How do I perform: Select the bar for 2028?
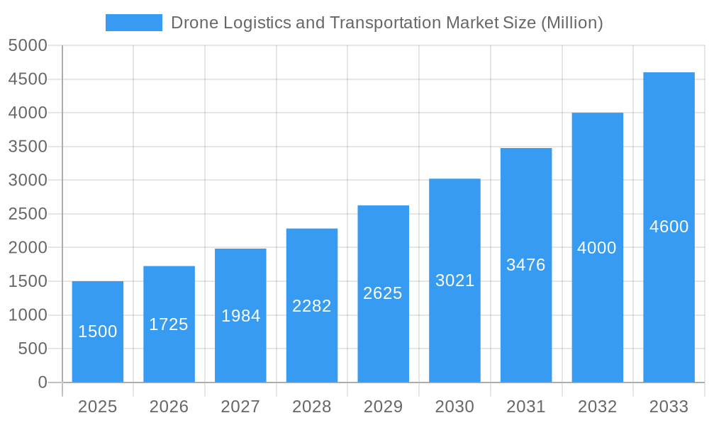pyautogui.click(x=312, y=340)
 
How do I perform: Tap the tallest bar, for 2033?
pyautogui.click(x=669, y=283)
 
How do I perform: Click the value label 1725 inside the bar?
pyautogui.click(x=169, y=324)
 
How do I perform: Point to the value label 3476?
pyautogui.click(x=526, y=265)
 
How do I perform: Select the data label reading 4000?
pyautogui.click(x=597, y=248)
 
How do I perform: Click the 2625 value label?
pyautogui.click(x=383, y=293)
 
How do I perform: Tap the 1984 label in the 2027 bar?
pyautogui.click(x=240, y=316)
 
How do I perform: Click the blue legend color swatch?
pyautogui.click(x=134, y=23)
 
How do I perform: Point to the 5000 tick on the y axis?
pyautogui.click(x=28, y=45)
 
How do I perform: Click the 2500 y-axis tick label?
pyautogui.click(x=28, y=214)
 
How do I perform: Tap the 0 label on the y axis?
pyautogui.click(x=43, y=382)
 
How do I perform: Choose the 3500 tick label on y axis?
pyautogui.click(x=28, y=147)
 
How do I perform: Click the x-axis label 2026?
pyautogui.click(x=169, y=407)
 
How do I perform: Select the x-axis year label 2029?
pyautogui.click(x=383, y=407)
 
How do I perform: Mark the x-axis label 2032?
pyautogui.click(x=597, y=407)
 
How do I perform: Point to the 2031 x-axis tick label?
pyautogui.click(x=526, y=407)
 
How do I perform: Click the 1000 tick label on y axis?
pyautogui.click(x=28, y=315)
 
